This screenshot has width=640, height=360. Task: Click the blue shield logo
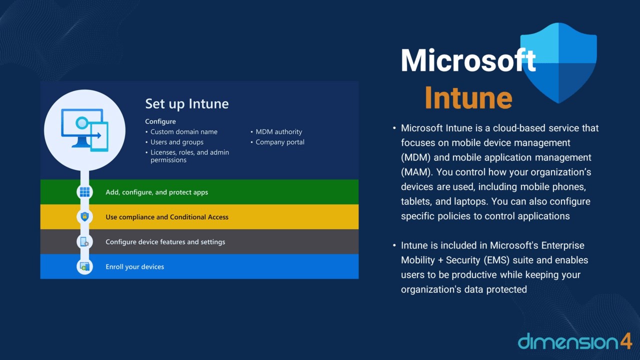pyautogui.click(x=558, y=63)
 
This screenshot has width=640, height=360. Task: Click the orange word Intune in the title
pyautogui.click(x=468, y=97)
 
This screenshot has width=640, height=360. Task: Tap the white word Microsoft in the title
pyautogui.click(x=468, y=60)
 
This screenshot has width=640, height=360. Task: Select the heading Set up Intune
pyautogui.click(x=187, y=103)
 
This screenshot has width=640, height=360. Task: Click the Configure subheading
pyautogui.click(x=160, y=121)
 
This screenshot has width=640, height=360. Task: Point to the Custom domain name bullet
pyautogui.click(x=183, y=131)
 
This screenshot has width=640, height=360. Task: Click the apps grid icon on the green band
pyautogui.click(x=84, y=192)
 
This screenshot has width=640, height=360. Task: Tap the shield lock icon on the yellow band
pyautogui.click(x=84, y=216)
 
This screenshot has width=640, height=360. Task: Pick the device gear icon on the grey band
pyautogui.click(x=84, y=241)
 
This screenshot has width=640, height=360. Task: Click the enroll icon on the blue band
pyautogui.click(x=84, y=266)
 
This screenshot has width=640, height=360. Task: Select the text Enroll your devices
pyautogui.click(x=135, y=267)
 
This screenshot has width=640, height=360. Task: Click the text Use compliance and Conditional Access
pyautogui.click(x=167, y=217)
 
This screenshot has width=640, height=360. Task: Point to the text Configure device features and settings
pyautogui.click(x=165, y=242)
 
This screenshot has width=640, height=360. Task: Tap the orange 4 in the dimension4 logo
pyautogui.click(x=625, y=341)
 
